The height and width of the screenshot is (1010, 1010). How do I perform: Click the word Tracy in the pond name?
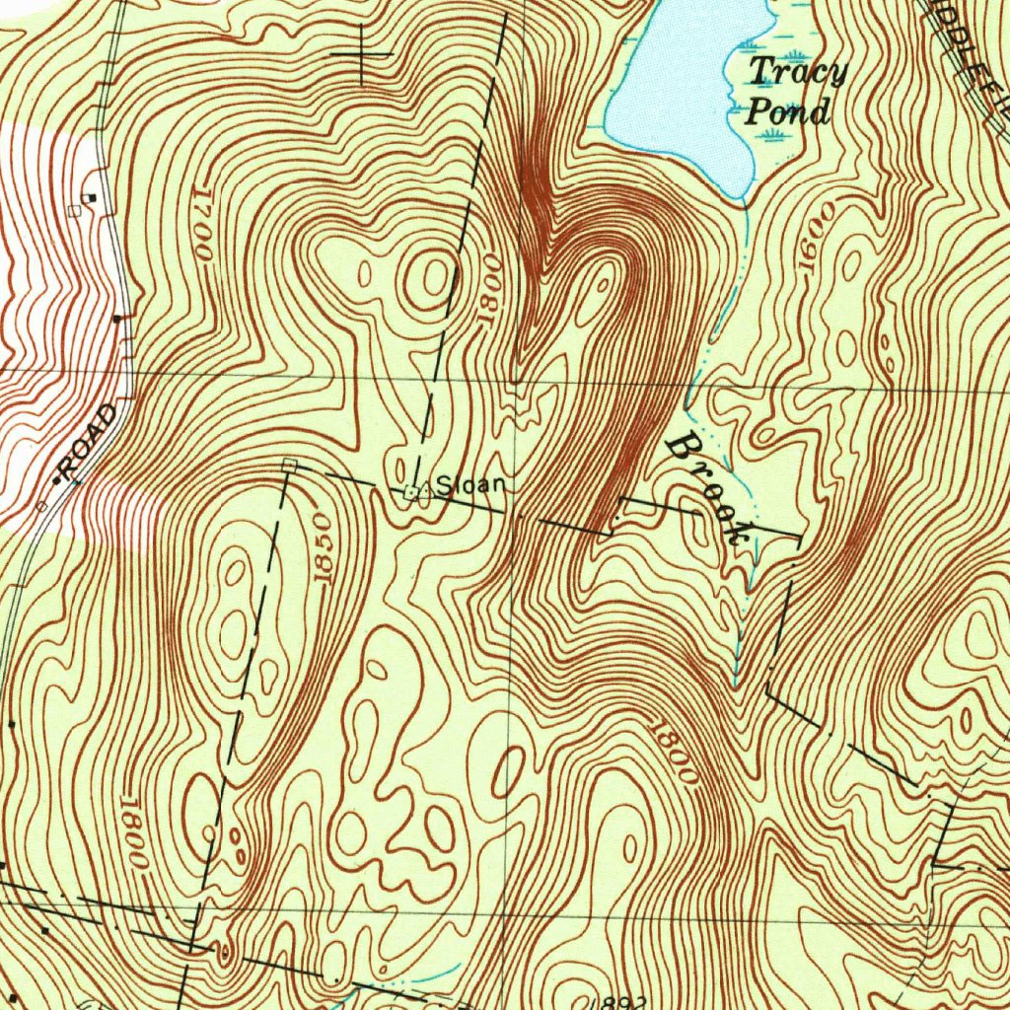pos(797,72)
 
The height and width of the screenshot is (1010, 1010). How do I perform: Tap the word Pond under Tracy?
pos(786,111)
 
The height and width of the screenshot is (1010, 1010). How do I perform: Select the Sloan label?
pos(470,484)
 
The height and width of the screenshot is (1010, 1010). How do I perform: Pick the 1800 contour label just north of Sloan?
pos(486,290)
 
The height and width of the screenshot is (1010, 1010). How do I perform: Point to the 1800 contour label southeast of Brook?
pos(674,753)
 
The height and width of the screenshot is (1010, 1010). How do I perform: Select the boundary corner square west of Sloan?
pos(288,464)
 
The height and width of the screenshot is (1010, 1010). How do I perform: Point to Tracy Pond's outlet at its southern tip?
pos(743,198)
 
